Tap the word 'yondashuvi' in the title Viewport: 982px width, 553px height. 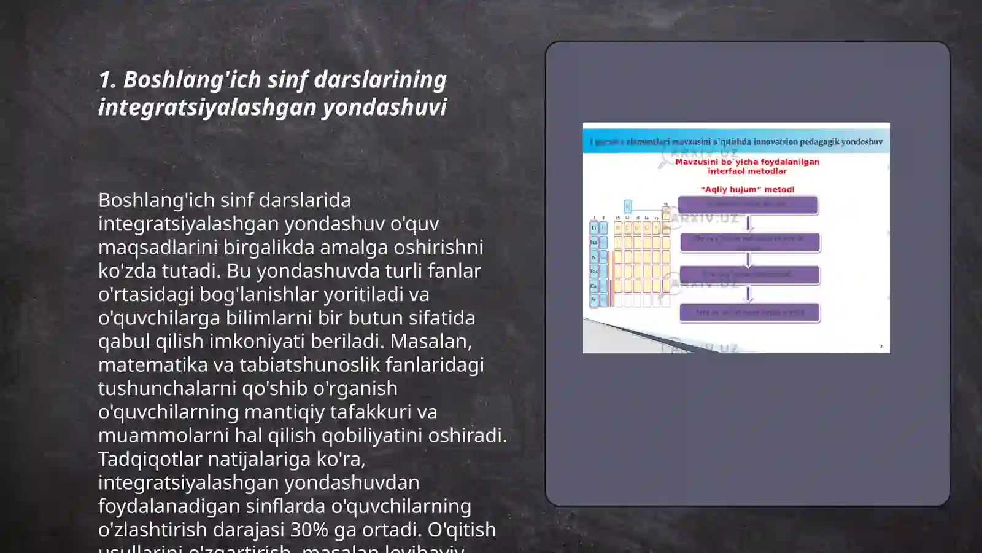[x=385, y=108]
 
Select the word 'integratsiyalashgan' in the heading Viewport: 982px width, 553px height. [x=207, y=108]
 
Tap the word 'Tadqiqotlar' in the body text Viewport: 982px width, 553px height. [x=150, y=459]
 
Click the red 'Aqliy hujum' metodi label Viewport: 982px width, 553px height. [x=747, y=190]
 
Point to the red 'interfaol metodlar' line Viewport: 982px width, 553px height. [x=747, y=171]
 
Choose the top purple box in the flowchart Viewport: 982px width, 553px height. [x=748, y=205]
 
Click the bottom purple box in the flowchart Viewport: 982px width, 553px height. [x=749, y=313]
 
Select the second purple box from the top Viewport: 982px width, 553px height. [x=749, y=242]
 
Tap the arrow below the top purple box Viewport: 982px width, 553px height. [x=748, y=223]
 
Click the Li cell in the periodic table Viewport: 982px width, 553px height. [x=593, y=228]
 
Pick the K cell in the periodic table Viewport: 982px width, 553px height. [x=593, y=257]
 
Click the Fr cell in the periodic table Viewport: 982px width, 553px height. [x=593, y=300]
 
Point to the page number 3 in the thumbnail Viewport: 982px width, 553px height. [x=881, y=347]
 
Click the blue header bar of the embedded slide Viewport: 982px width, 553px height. [x=736, y=142]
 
